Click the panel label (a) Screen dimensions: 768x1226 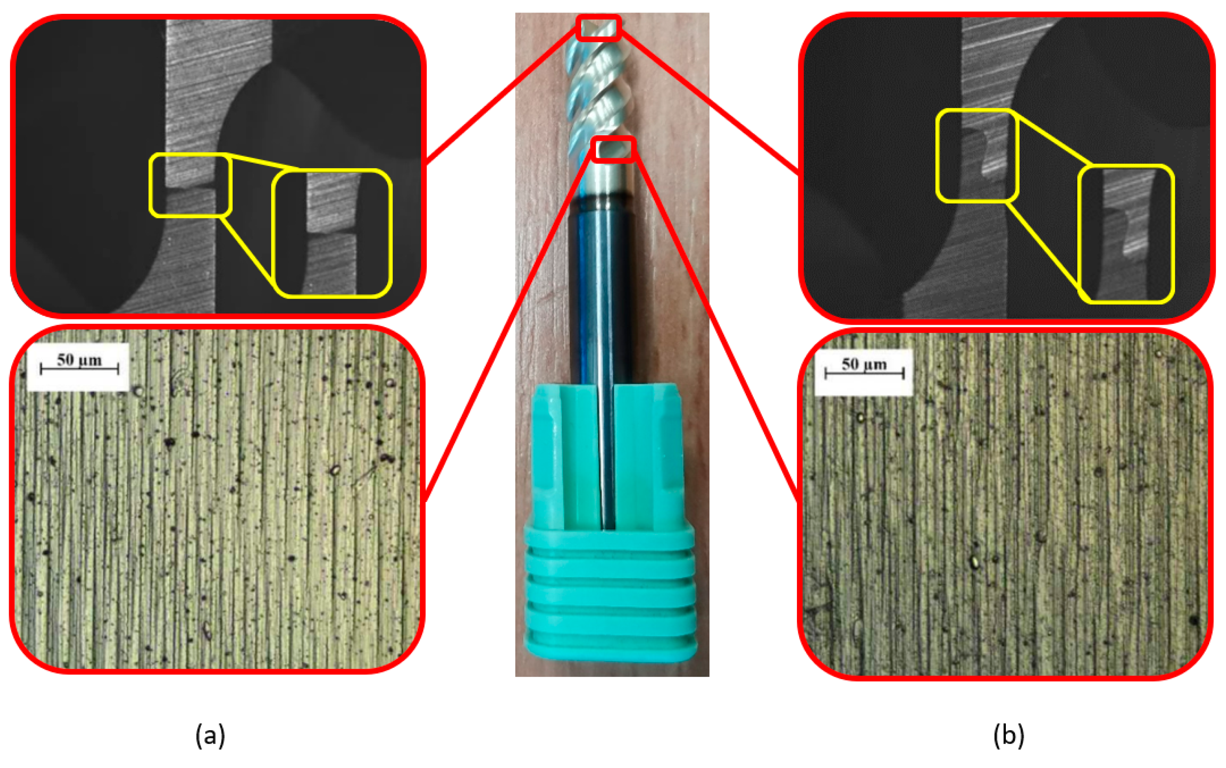210,735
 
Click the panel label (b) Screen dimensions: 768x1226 1008,735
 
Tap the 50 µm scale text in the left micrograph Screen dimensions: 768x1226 79,360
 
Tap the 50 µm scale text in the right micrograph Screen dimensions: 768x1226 864,364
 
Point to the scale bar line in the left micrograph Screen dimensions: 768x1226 79,369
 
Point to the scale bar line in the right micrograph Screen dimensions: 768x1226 864,374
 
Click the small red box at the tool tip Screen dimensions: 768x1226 599,27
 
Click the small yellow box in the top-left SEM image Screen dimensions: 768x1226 190,185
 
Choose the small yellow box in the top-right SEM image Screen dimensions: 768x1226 977,156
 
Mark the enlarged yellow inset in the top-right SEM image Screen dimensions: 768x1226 1126,234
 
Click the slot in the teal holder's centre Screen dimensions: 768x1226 608,457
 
